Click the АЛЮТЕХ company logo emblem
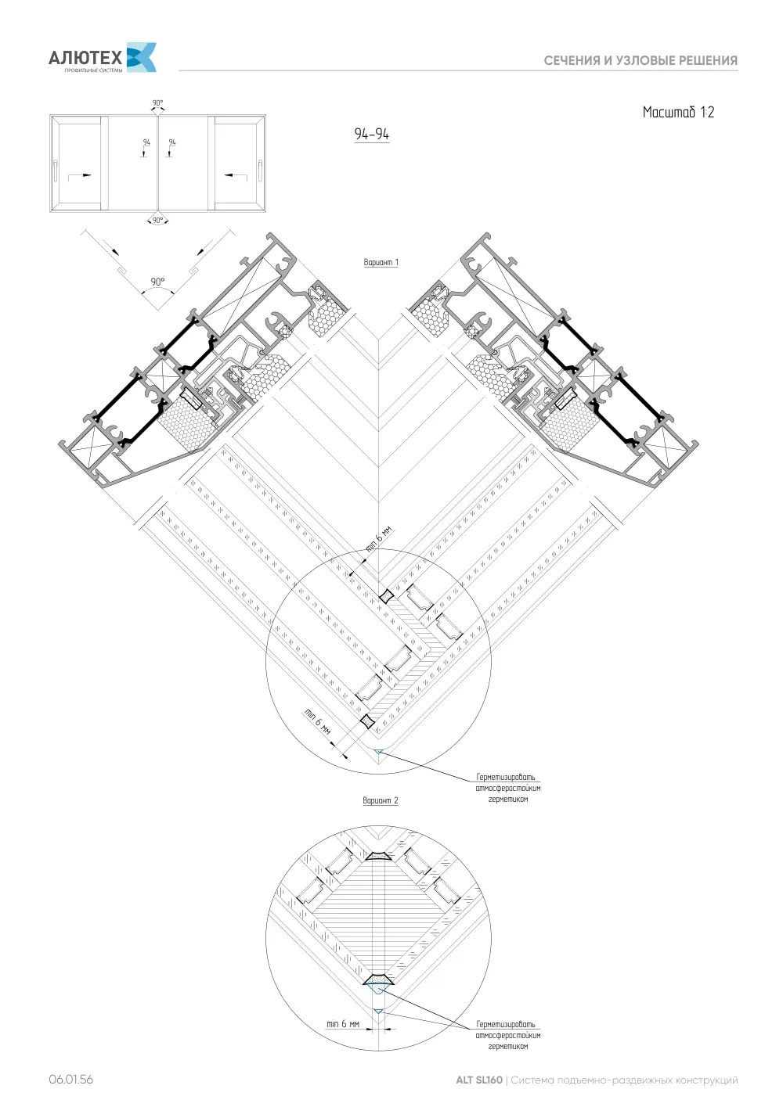[142, 57]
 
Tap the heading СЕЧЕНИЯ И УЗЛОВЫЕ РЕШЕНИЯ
[640, 61]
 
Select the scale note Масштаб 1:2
[678, 112]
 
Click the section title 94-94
[371, 134]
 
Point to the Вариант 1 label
[381, 262]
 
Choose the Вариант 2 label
[381, 800]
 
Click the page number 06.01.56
[70, 1079]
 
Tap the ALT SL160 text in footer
[478, 1080]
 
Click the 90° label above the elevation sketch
[157, 102]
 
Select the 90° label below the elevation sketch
[157, 221]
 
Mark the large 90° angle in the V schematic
[157, 282]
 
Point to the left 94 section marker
[146, 142]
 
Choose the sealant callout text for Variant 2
[507, 1035]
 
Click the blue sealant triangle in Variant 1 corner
[379, 752]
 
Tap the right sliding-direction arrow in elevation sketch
[236, 174]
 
